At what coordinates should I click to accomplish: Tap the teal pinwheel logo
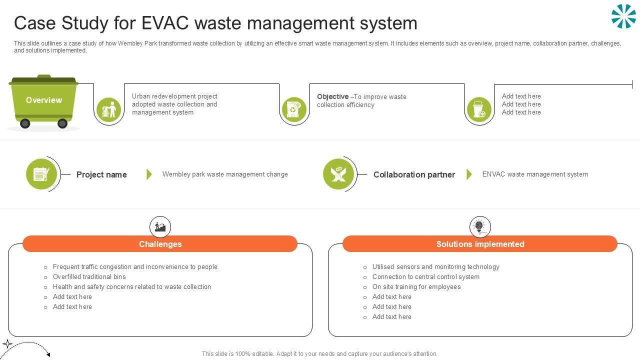(x=623, y=16)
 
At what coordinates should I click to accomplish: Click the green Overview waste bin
(x=44, y=100)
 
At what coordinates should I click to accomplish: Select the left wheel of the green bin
(x=25, y=123)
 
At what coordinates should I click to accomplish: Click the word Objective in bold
(x=332, y=96)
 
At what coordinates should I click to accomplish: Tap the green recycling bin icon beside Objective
(x=294, y=109)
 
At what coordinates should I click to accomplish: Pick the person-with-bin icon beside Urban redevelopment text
(x=108, y=109)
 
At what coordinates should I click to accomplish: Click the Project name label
(x=101, y=174)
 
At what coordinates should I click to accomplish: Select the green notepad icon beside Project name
(x=41, y=174)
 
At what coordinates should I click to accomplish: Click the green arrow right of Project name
(x=149, y=174)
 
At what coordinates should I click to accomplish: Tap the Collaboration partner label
(x=414, y=174)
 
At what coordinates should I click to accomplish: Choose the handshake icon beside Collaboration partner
(x=338, y=174)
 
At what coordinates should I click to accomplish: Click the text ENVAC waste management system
(x=535, y=174)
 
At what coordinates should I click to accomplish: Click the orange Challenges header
(x=160, y=244)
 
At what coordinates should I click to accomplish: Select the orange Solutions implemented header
(x=480, y=244)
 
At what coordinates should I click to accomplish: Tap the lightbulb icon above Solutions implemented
(x=480, y=227)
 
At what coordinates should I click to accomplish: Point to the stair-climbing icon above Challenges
(x=160, y=227)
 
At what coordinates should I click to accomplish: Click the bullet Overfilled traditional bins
(x=89, y=277)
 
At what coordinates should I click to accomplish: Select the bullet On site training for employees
(x=416, y=287)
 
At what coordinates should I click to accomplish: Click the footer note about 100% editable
(x=319, y=354)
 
